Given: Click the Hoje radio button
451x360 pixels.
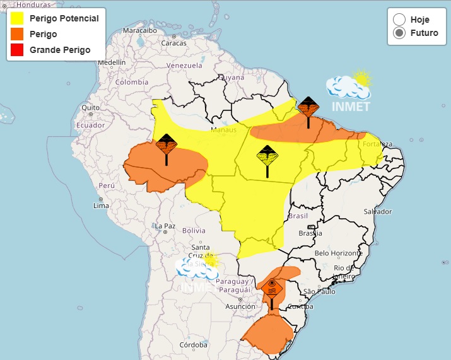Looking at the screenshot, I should (x=399, y=20).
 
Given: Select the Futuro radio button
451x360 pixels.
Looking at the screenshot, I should (x=399, y=33).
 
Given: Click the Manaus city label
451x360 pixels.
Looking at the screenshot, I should (x=223, y=130).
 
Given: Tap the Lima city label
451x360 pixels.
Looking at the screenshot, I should (x=101, y=206).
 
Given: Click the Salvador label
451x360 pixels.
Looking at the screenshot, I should (x=377, y=211).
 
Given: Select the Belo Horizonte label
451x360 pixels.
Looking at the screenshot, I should (x=339, y=253).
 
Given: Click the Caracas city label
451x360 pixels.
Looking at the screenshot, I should (x=173, y=43).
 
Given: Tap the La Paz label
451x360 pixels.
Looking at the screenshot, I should (x=165, y=226).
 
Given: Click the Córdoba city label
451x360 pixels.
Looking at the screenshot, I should (x=193, y=345).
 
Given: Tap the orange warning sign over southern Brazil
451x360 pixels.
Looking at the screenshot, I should (x=272, y=288).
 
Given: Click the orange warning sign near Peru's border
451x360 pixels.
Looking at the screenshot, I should (x=167, y=145).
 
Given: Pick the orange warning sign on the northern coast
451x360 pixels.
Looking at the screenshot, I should (x=308, y=107).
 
